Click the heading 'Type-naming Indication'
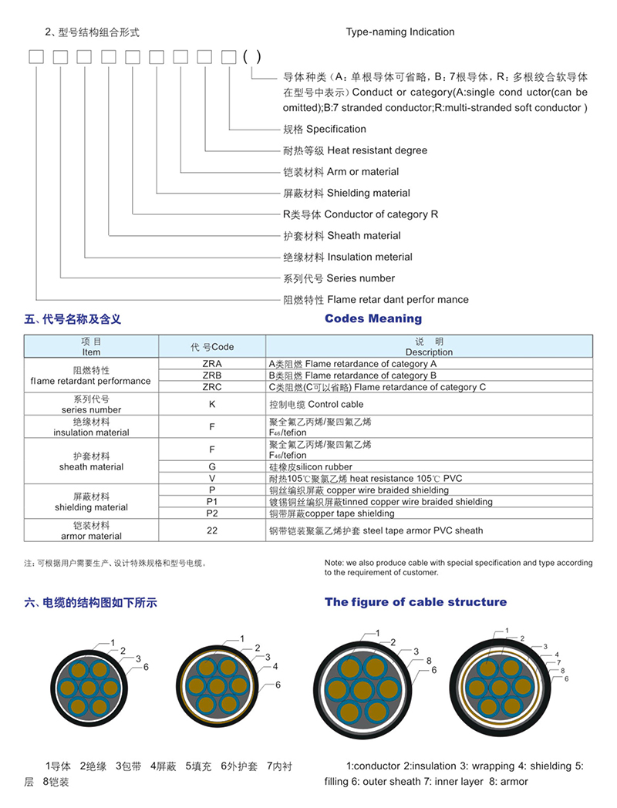pyautogui.click(x=400, y=32)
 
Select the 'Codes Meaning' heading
pyautogui.click(x=373, y=318)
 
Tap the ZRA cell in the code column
pyautogui.click(x=211, y=363)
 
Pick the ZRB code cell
pyautogui.click(x=211, y=375)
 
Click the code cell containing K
pyautogui.click(x=211, y=404)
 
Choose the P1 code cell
pyautogui.click(x=211, y=502)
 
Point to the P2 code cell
pyautogui.click(x=211, y=513)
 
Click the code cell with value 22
pyautogui.click(x=211, y=530)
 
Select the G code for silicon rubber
pyautogui.click(x=211, y=466)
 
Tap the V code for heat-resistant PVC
pyautogui.click(x=211, y=479)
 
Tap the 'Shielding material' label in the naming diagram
pyautogui.click(x=346, y=193)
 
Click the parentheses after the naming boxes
pyautogui.click(x=251, y=56)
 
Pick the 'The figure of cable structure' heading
pyautogui.click(x=416, y=602)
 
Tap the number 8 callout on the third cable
pyautogui.click(x=428, y=661)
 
